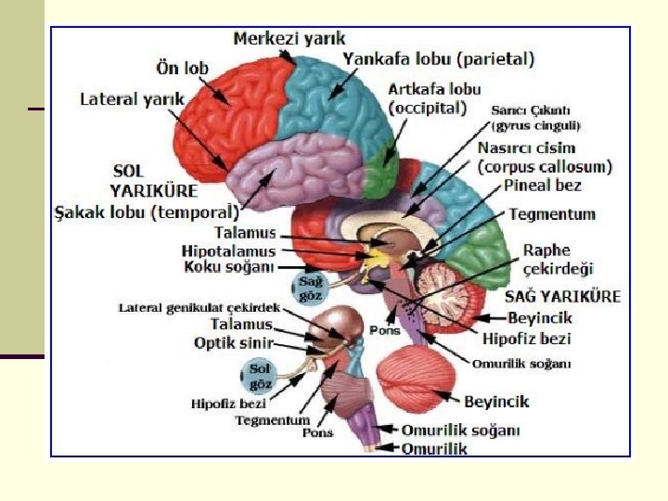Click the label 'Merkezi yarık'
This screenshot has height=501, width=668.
[x=289, y=39]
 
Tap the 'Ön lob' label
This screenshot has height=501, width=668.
[x=182, y=69]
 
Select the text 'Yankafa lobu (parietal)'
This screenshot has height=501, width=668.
[x=439, y=59]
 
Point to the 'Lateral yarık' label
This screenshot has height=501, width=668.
[x=132, y=98]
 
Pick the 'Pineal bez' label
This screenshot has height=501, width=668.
[x=543, y=186]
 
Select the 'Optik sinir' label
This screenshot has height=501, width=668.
[x=233, y=343]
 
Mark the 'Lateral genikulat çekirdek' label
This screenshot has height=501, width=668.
[x=199, y=308]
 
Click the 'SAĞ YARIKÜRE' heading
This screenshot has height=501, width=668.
[x=562, y=297]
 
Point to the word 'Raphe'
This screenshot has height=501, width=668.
[x=546, y=250]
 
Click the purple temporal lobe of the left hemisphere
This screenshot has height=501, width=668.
[x=283, y=172]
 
